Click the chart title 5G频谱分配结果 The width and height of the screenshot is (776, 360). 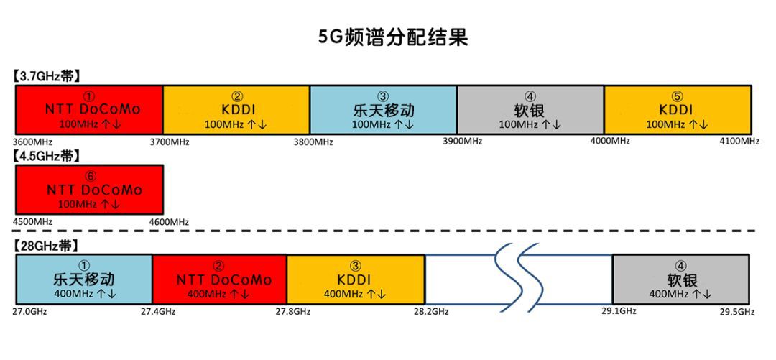394,37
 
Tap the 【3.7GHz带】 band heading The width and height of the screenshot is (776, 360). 46,76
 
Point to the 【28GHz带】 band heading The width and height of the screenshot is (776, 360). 44,246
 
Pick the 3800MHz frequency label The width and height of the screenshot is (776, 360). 313,142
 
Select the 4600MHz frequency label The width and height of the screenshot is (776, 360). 169,222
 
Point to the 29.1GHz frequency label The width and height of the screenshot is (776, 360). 619,311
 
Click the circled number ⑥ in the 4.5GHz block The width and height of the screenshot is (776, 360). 90,177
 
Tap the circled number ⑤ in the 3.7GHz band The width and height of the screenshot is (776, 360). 677,96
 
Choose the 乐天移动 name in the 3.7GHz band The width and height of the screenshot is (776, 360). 383,109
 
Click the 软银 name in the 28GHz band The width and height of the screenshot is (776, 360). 682,280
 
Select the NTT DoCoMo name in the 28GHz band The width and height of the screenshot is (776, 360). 224,280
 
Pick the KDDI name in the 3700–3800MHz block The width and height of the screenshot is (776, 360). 236,109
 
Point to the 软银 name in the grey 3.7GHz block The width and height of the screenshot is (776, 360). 530,109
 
